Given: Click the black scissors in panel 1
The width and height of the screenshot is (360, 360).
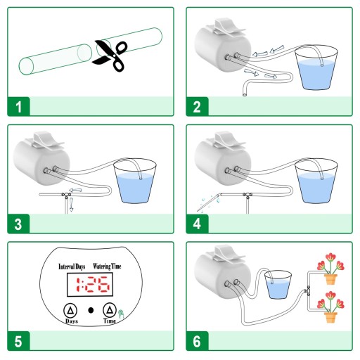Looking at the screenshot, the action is [110, 56].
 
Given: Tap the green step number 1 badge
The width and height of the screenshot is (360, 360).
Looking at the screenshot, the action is [19, 106].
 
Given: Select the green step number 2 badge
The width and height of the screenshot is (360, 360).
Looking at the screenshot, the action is [197, 106].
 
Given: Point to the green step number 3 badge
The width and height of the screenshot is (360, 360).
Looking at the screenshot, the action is [19, 224].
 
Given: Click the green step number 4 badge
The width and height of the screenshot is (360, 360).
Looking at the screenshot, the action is [197, 224].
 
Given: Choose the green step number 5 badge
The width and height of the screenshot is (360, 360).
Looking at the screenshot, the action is [19, 341].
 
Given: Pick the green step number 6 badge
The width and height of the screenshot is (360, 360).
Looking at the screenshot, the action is [197, 341].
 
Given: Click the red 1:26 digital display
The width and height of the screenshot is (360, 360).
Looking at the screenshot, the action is [92, 284].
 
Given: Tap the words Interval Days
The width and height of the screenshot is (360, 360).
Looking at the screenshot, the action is [72, 266].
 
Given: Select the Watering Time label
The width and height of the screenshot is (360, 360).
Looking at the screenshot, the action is [107, 266].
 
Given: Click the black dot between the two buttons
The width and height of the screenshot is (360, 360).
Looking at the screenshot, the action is [91, 310].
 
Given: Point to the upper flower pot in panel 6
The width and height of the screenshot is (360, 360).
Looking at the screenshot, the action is [330, 279].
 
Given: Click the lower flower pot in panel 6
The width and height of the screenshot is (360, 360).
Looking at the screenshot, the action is [330, 317].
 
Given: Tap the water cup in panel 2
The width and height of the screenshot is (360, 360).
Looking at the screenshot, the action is [316, 67].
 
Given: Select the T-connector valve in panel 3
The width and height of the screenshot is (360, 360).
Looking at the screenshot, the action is [67, 195].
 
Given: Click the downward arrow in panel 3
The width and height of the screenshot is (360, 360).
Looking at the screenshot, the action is [71, 205].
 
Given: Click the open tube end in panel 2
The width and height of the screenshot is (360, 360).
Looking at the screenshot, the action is [245, 94].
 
